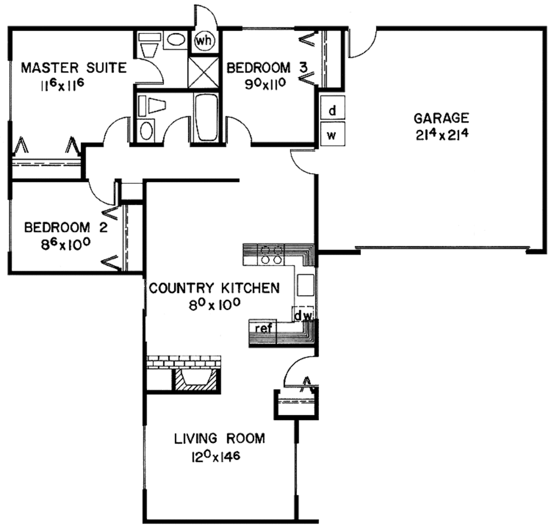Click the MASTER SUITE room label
74,68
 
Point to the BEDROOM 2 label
66,228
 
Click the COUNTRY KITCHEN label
214,288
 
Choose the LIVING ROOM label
220,438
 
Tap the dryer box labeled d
332,111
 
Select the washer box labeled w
332,134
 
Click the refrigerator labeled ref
263,327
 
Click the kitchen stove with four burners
272,254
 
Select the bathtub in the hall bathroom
205,117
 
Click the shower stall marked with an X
203,72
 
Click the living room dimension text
215,458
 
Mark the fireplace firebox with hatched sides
196,379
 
